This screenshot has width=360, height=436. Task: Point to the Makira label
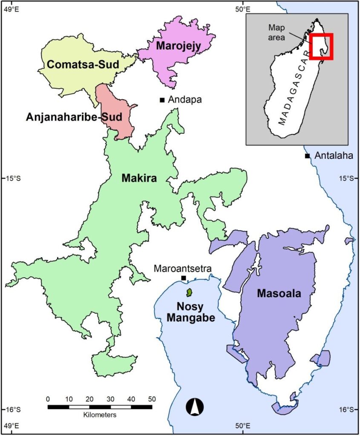139,178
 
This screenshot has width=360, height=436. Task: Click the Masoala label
279,293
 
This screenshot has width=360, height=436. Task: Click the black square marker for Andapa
162,100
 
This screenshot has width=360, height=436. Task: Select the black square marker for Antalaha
307,156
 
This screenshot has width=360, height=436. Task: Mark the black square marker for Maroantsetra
184,278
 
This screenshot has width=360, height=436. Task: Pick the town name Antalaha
334,156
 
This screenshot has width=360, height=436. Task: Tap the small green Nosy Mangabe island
189,293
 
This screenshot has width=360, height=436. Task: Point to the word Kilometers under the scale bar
100,414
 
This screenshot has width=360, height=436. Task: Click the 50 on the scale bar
152,399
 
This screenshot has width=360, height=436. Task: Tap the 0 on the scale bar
48,399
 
